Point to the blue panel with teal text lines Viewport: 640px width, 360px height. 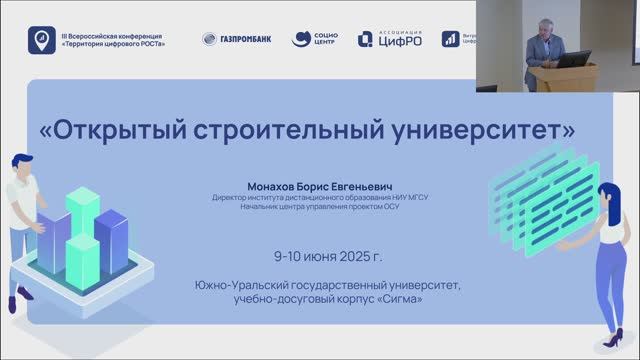(545, 195)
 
